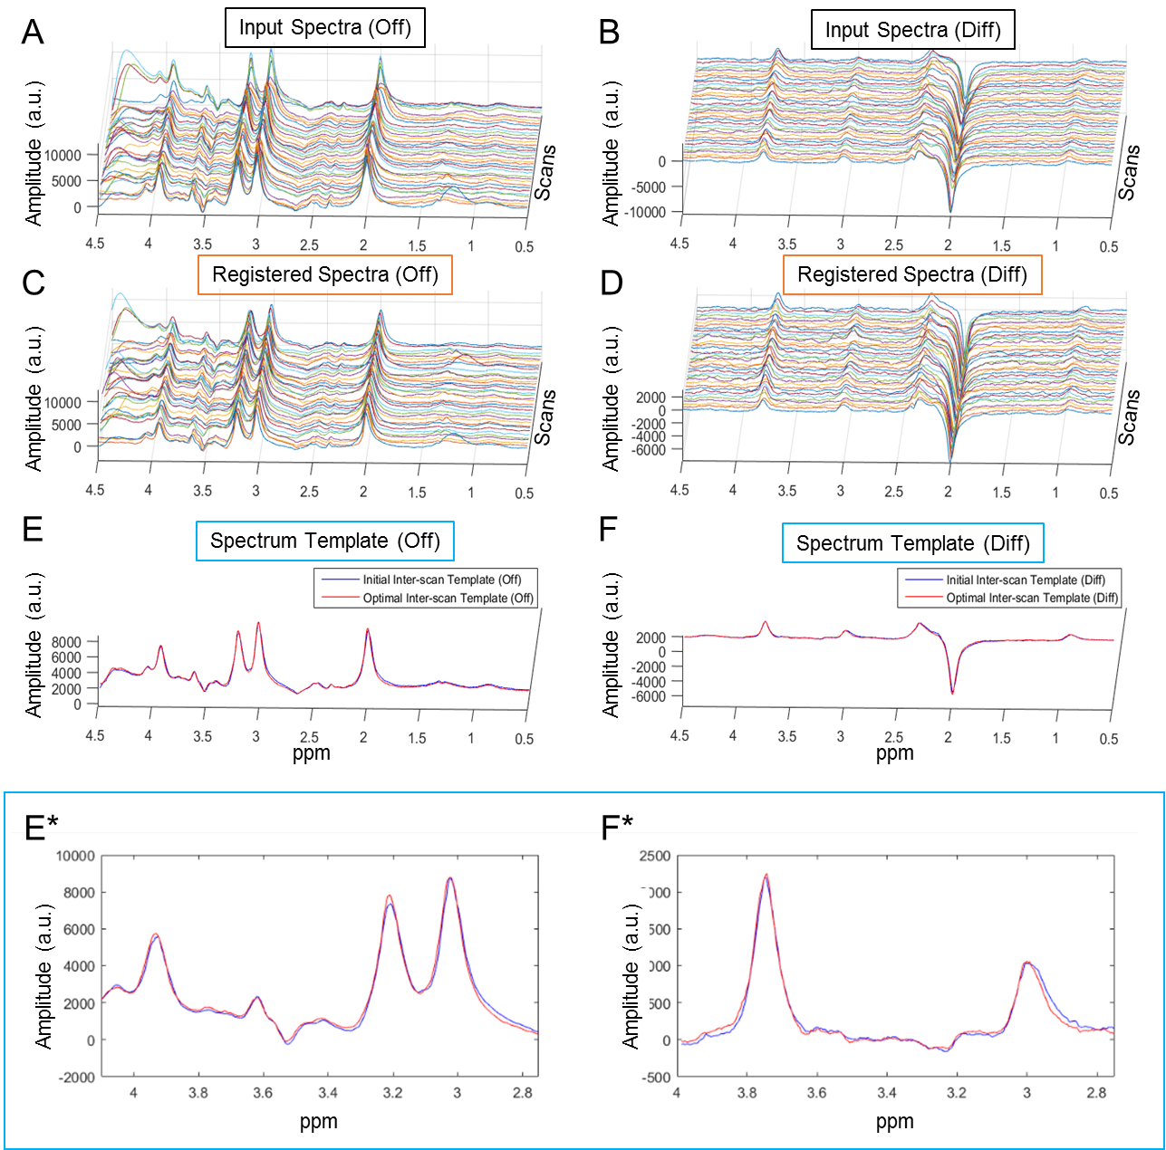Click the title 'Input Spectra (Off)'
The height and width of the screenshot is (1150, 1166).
[324, 27]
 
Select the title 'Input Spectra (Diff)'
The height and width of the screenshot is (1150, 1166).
[912, 30]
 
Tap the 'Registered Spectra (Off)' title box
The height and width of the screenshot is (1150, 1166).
[324, 274]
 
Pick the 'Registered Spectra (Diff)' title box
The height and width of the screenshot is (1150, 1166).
[912, 274]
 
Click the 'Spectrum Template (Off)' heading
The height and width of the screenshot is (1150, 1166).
[324, 541]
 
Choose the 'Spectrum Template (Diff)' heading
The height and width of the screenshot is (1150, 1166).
[912, 543]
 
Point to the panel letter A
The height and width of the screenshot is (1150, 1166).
[33, 33]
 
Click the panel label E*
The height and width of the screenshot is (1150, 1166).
[41, 828]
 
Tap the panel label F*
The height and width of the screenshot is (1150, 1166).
[617, 828]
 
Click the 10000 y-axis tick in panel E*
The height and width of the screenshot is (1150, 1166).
[75, 856]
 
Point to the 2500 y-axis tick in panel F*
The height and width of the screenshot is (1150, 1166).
[655, 856]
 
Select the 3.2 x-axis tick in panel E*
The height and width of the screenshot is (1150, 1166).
[392, 1093]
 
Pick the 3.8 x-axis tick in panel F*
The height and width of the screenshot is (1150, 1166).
[747, 1093]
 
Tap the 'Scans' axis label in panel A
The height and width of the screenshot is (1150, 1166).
[544, 172]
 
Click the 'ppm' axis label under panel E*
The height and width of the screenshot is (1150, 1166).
[318, 1121]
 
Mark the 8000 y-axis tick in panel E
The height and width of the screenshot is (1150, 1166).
[66, 642]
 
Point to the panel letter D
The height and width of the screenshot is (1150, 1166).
[612, 283]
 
